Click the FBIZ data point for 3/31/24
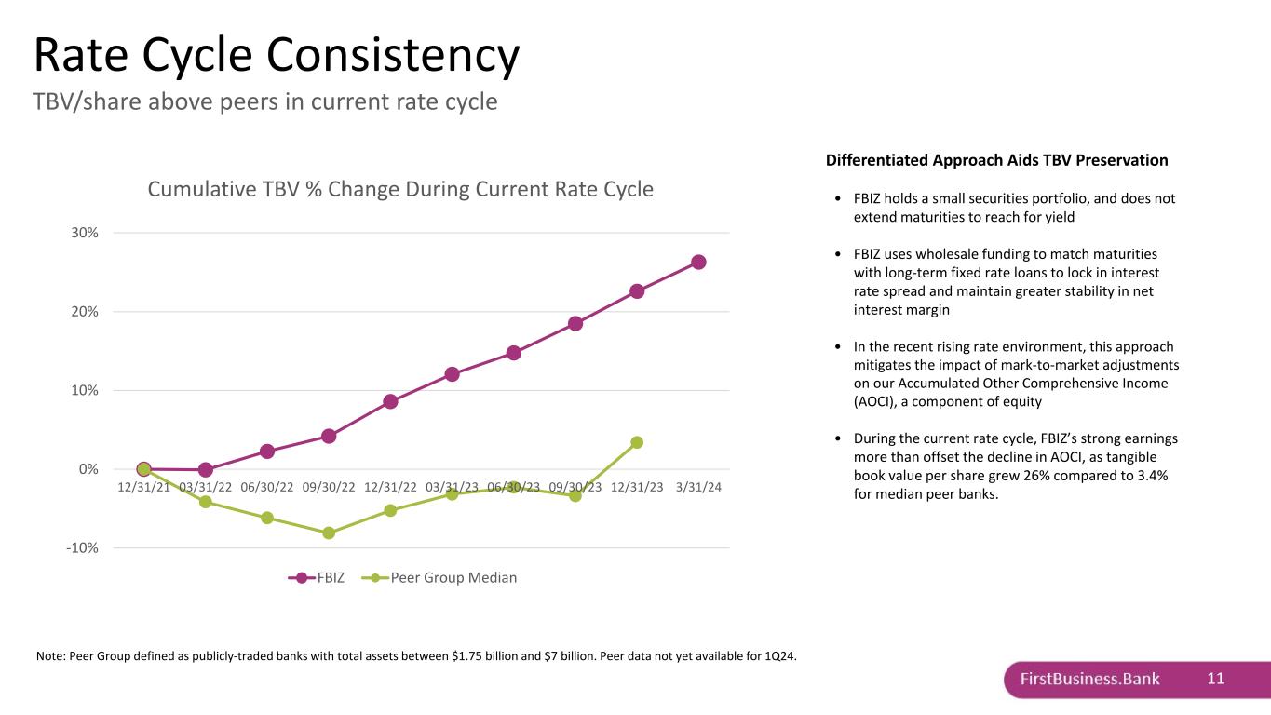tap(698, 262)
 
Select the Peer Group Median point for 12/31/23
tap(637, 442)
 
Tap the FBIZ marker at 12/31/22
tap(390, 401)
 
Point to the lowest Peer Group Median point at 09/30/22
tap(329, 533)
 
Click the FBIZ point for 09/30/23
tap(575, 323)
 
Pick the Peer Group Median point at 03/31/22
tap(206, 502)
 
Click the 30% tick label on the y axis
tap(84, 233)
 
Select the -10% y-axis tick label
tap(82, 547)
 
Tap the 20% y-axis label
tap(84, 312)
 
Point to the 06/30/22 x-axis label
tap(266, 487)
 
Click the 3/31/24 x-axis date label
tap(698, 487)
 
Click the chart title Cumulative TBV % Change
tap(400, 189)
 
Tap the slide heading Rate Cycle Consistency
tap(276, 55)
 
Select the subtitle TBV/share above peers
tap(265, 101)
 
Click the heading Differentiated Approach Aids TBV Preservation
tap(996, 160)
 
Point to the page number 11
tap(1215, 679)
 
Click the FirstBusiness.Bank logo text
tap(1089, 679)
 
